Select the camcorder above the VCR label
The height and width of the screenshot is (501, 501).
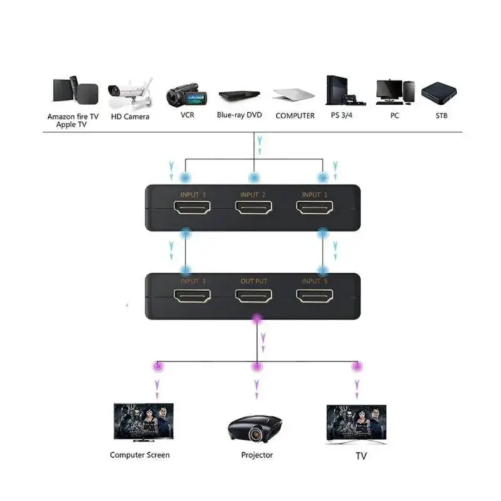click(187, 95)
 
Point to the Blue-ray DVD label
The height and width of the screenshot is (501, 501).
click(239, 115)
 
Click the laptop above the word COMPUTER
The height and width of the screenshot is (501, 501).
click(294, 95)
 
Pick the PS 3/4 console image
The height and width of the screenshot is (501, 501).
click(340, 91)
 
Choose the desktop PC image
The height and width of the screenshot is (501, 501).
click(395, 92)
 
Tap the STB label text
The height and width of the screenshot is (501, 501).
click(441, 116)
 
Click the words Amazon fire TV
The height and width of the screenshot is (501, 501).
click(73, 116)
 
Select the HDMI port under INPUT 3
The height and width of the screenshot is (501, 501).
click(193, 210)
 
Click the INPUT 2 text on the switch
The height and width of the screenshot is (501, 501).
click(254, 195)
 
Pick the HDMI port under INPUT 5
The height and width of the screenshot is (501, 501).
click(315, 296)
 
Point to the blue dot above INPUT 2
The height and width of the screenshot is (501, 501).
click(254, 178)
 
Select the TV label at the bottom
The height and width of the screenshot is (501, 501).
click(361, 457)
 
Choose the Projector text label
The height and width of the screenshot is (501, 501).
click(257, 455)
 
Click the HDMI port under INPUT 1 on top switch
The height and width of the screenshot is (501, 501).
click(315, 210)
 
